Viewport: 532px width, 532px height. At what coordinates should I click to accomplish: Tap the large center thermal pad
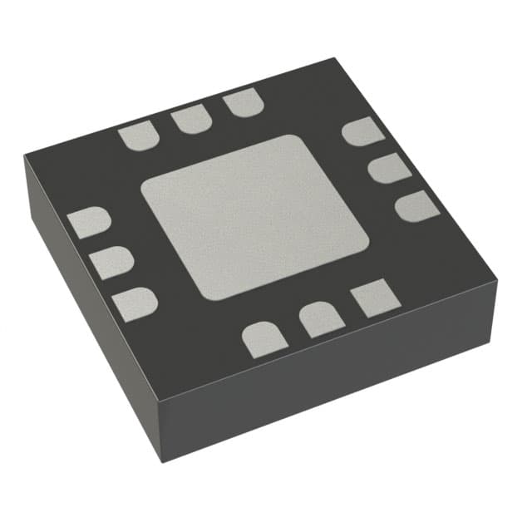254,216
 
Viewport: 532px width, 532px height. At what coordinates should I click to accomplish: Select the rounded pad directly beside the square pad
320,319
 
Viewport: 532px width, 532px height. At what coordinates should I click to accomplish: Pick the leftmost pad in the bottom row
264,340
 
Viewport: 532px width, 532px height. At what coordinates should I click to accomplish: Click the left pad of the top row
137,135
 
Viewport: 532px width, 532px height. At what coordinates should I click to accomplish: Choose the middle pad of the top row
191,120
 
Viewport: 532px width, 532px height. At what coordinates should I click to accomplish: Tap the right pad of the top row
243,104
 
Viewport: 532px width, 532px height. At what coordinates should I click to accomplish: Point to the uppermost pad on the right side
363,131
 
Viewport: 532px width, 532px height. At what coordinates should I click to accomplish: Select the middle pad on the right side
389,168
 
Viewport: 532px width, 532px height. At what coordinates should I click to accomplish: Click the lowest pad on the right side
417,205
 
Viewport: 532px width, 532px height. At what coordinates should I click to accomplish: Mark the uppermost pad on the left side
89,223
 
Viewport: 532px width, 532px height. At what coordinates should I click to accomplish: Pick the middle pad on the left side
111,263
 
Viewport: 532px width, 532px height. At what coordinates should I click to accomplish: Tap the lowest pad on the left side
135,303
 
